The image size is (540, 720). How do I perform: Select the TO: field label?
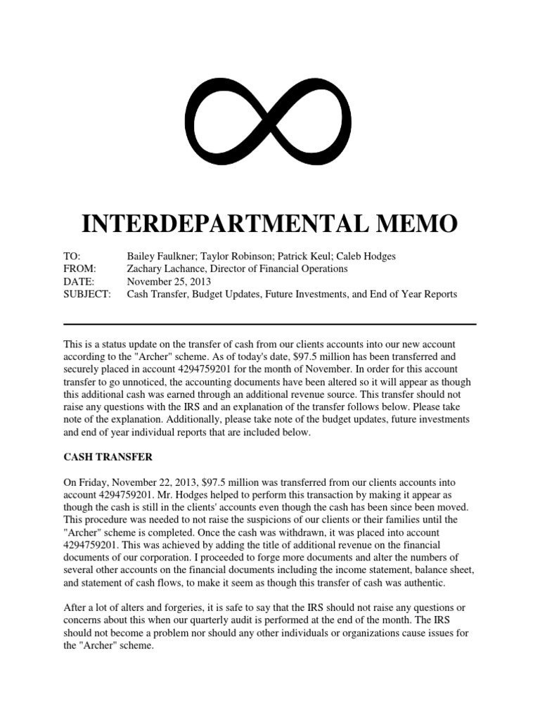pyautogui.click(x=72, y=256)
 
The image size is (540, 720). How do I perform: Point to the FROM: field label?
pyautogui.click(x=79, y=269)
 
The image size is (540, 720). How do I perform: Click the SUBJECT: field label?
pyautogui.click(x=87, y=294)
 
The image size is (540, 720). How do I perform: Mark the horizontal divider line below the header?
pyautogui.click(x=270, y=324)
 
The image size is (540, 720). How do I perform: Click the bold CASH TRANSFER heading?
pyautogui.click(x=108, y=456)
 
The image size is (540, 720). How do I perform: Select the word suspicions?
pyautogui.click(x=226, y=520)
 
